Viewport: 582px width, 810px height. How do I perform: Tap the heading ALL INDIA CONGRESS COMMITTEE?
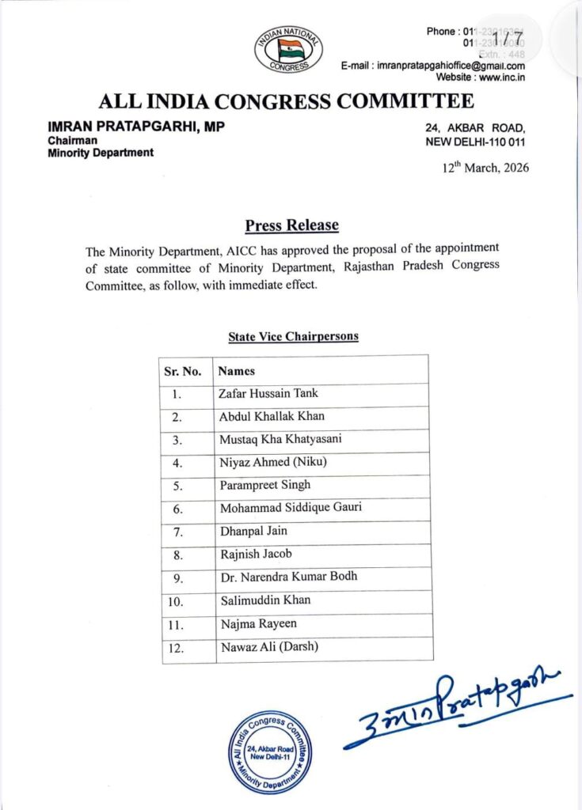[x=286, y=102]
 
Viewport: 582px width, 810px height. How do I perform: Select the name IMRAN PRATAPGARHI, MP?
[x=135, y=127]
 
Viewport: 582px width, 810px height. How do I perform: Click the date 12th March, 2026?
[x=485, y=168]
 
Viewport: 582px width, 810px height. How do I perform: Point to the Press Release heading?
[x=291, y=225]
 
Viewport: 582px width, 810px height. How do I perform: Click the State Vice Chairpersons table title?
[x=293, y=336]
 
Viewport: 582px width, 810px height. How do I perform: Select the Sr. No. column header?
[x=182, y=370]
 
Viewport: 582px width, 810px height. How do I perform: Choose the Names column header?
[x=236, y=370]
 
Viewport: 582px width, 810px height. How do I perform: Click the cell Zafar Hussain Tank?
[x=268, y=393]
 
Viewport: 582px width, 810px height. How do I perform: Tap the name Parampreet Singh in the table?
[x=264, y=485]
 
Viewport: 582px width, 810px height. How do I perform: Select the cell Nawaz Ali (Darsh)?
[x=268, y=647]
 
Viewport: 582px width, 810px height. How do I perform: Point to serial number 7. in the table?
[x=177, y=532]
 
